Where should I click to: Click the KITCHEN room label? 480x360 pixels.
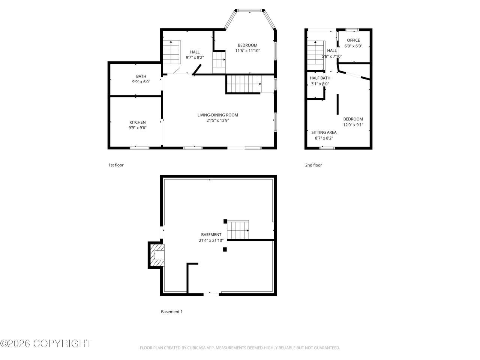[137, 122]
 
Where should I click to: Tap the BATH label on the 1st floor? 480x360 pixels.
[141, 76]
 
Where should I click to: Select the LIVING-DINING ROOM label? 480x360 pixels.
[217, 115]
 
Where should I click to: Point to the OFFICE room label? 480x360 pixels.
[353, 40]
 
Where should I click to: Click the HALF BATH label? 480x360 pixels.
[320, 78]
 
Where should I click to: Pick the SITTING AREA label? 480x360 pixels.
[324, 132]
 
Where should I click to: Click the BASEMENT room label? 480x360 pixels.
[211, 234]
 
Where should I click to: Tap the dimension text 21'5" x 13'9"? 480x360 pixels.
[217, 120]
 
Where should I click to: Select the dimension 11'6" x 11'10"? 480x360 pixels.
[247, 51]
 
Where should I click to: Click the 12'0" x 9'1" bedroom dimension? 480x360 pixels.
[353, 125]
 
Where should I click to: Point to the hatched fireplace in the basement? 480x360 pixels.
[157, 255]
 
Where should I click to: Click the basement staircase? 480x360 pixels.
[238, 230]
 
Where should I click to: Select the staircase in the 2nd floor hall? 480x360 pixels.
[316, 55]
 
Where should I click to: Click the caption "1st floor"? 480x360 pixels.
[116, 165]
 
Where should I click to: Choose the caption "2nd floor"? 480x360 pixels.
[313, 165]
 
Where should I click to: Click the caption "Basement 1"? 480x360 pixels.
[172, 312]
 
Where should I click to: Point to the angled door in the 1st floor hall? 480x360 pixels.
[197, 69]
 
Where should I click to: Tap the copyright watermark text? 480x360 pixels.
[45, 343]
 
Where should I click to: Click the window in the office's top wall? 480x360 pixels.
[352, 30]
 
